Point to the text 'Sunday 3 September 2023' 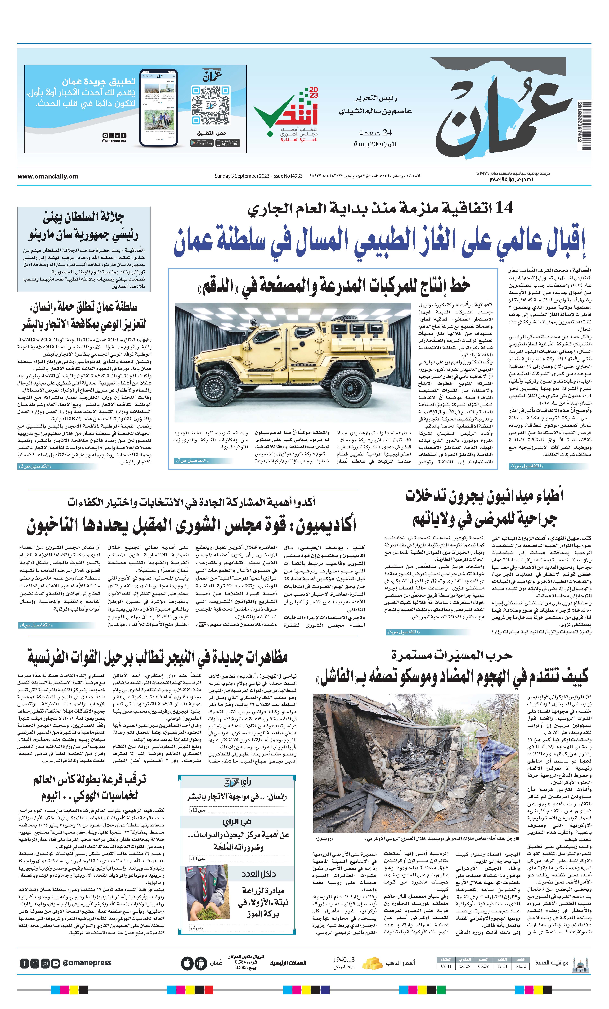pyautogui.click(x=242, y=176)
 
